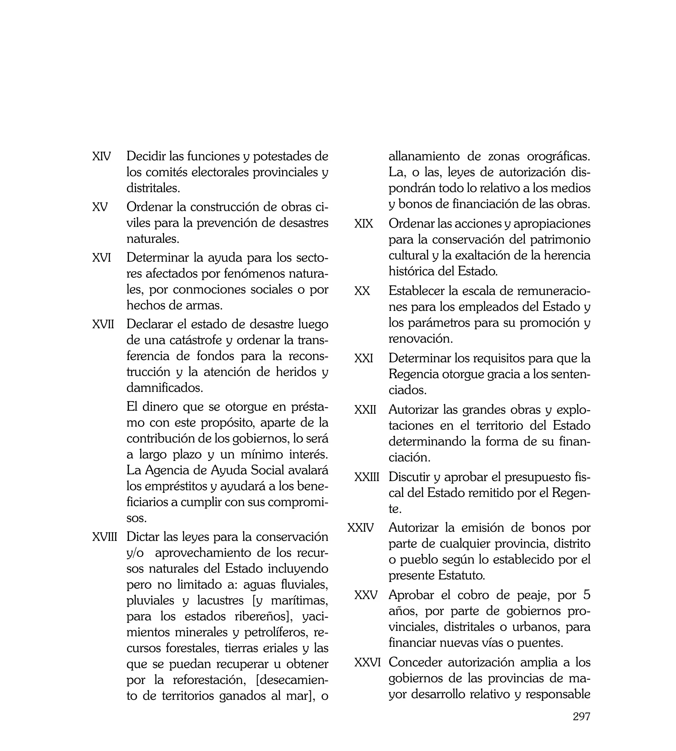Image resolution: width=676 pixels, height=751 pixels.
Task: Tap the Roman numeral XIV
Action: tap(101, 156)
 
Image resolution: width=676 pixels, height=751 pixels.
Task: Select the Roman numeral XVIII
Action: tap(104, 537)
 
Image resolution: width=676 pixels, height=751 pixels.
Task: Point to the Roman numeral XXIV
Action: tap(360, 528)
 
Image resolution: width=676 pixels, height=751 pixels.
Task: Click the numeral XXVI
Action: tap(367, 662)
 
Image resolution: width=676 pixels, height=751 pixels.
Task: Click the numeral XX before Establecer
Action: tap(362, 291)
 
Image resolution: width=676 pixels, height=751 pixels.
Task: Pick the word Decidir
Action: tap(146, 156)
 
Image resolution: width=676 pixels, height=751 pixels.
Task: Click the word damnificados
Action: tap(164, 388)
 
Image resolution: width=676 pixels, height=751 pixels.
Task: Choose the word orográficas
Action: tap(558, 156)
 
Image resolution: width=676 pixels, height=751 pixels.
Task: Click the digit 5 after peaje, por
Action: tap(587, 595)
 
